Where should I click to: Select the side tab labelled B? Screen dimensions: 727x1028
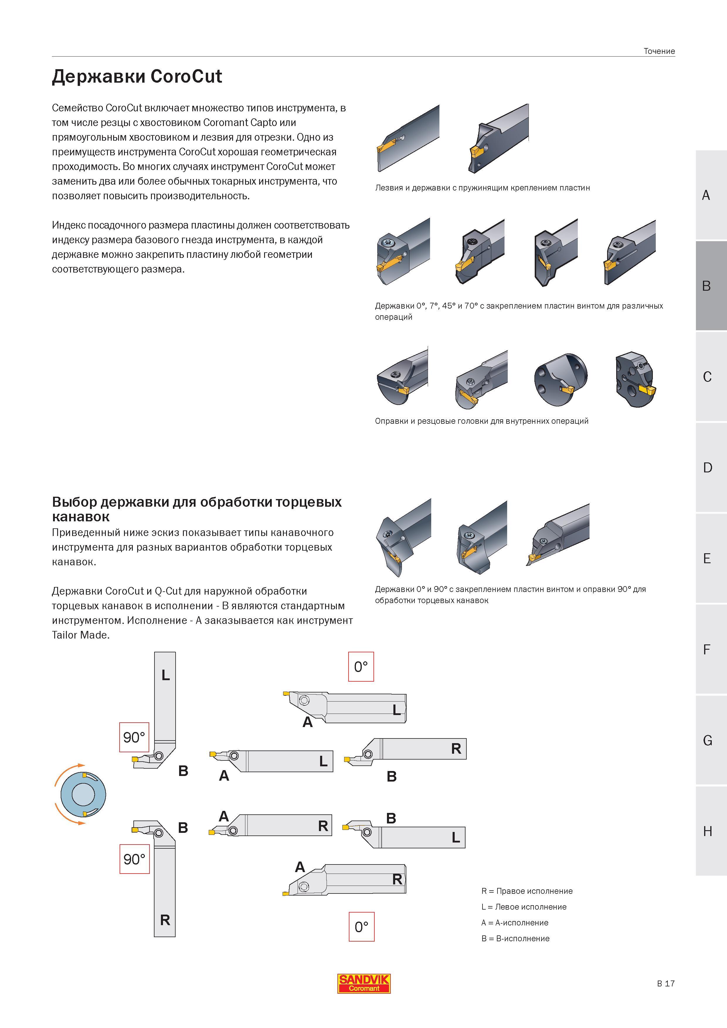click(x=711, y=286)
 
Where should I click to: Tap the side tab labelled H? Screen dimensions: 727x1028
click(x=711, y=831)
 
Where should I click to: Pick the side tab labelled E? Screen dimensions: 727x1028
click(x=711, y=558)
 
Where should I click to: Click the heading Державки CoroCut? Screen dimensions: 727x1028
click(x=137, y=76)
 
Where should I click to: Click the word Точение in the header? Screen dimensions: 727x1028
click(x=659, y=51)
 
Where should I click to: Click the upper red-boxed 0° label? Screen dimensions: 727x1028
click(x=361, y=667)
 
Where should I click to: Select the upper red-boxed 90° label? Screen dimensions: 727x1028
click(x=134, y=737)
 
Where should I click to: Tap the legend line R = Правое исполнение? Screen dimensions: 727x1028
click(x=527, y=891)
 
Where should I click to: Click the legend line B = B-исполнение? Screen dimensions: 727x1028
click(x=516, y=938)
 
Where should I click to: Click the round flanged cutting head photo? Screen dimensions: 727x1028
click(x=560, y=380)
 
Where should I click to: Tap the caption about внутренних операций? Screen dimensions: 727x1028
click(x=482, y=421)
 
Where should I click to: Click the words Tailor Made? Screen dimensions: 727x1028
click(x=80, y=635)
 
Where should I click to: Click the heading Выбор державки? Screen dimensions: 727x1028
click(x=197, y=509)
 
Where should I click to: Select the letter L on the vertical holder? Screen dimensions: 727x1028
click(x=166, y=675)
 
